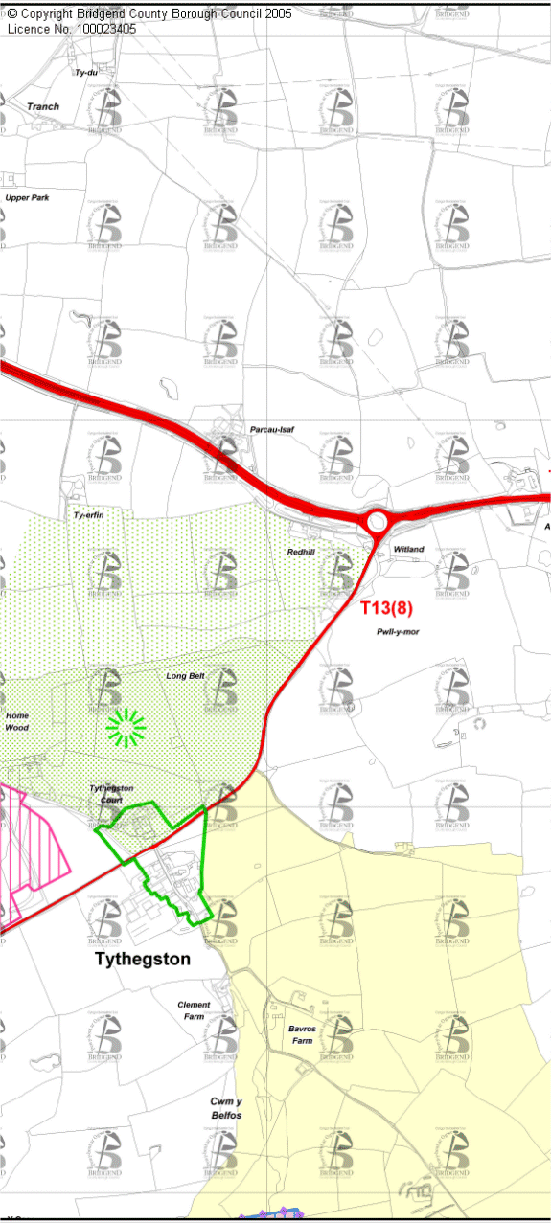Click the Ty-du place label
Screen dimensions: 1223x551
click(86, 72)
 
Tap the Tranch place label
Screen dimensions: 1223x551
click(43, 106)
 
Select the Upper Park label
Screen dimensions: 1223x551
click(27, 197)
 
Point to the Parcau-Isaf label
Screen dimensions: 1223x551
click(271, 430)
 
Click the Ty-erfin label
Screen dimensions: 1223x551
click(88, 515)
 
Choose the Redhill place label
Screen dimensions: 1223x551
click(301, 552)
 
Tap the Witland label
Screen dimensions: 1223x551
click(408, 549)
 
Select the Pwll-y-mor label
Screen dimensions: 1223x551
click(398, 632)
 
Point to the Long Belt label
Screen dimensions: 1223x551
click(185, 676)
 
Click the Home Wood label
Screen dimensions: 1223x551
click(17, 721)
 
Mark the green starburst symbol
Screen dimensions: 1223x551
click(126, 728)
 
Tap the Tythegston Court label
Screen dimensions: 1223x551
click(111, 793)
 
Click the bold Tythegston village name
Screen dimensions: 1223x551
click(142, 959)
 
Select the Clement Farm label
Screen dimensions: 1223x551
click(194, 1010)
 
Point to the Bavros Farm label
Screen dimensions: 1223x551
click(301, 1034)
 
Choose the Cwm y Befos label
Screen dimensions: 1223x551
click(226, 1108)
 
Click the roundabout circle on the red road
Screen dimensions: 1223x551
click(376, 522)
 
